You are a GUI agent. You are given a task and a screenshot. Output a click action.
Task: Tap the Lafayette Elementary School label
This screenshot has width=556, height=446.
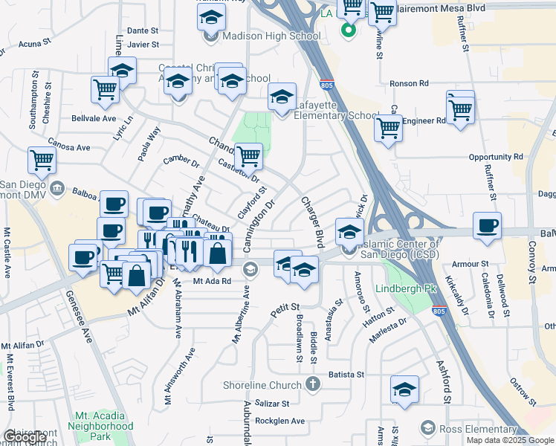tap(337, 110)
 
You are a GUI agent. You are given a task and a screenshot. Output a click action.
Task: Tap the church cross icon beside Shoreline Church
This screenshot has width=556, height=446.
tap(313, 384)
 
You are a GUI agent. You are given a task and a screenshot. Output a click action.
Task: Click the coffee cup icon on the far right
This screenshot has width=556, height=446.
tap(487, 225)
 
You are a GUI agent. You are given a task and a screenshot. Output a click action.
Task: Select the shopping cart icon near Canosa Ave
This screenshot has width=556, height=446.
tap(42, 159)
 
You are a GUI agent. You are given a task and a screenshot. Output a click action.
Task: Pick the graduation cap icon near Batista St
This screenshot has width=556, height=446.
tap(404, 389)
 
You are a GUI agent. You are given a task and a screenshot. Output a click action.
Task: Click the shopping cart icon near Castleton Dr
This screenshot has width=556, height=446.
tap(248, 156)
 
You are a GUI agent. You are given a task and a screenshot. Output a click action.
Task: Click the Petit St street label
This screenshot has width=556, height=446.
tap(284, 306)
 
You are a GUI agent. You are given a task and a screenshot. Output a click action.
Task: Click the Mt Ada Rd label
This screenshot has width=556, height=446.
tap(213, 281)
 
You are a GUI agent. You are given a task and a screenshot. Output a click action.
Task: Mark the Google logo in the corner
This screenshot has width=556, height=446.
tap(25, 437)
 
